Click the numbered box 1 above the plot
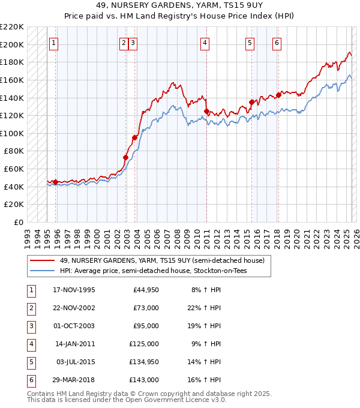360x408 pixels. coord(54,43)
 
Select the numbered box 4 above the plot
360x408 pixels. coord(205,43)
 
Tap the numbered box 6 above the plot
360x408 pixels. coord(277,43)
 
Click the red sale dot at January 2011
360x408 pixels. coord(206,111)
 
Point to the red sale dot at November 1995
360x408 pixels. coord(56,182)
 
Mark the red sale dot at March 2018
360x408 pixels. coord(279,95)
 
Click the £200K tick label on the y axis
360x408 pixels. coord(12,44)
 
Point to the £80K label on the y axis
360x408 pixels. coord(14,151)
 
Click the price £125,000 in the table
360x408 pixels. coord(145,344)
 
